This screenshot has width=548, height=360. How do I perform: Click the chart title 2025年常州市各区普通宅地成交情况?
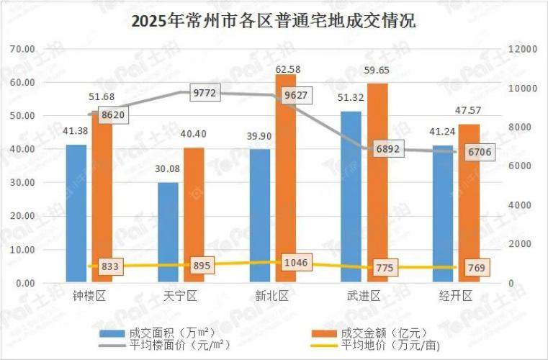(x=274, y=21)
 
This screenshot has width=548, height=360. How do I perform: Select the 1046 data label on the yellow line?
(x=295, y=262)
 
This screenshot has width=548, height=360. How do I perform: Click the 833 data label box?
(x=109, y=266)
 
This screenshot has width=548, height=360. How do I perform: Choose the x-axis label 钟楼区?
(x=89, y=297)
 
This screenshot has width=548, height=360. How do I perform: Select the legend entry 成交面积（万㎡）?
(x=155, y=333)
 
